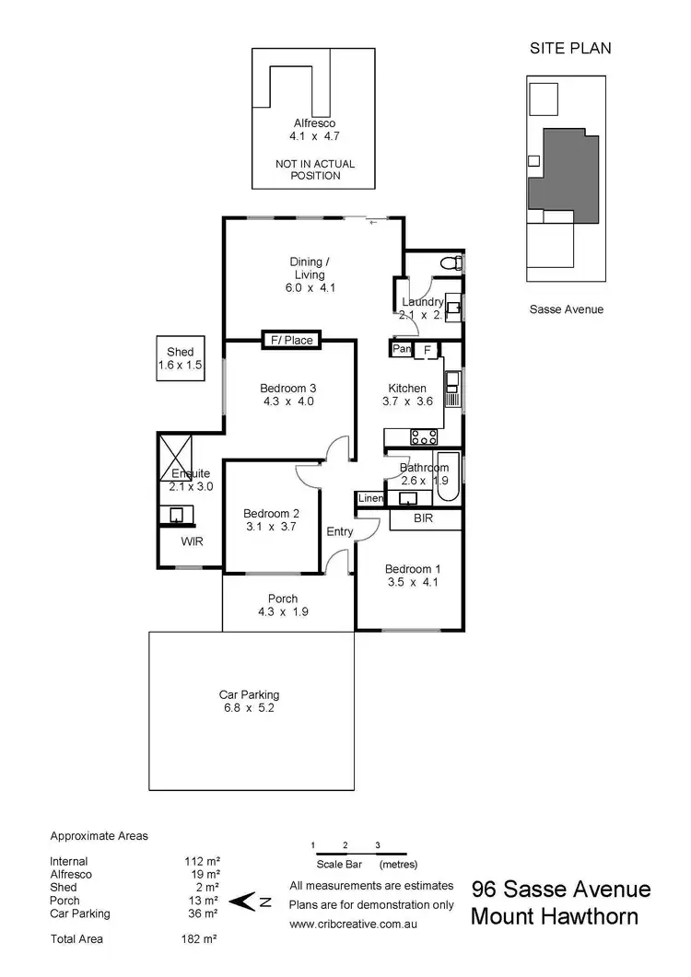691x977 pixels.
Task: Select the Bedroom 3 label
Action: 288,388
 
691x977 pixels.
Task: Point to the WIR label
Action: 192,541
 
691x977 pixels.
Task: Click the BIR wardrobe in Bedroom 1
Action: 424,519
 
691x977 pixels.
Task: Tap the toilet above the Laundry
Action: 451,264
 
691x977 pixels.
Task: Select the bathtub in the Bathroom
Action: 448,478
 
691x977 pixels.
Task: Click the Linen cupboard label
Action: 369,498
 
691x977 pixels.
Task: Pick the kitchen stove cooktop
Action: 425,436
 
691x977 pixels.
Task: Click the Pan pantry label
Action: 401,349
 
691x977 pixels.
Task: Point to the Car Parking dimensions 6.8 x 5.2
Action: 249,707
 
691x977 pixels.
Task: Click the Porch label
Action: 283,599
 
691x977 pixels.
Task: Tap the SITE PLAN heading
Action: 569,48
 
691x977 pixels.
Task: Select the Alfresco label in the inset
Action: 314,122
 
